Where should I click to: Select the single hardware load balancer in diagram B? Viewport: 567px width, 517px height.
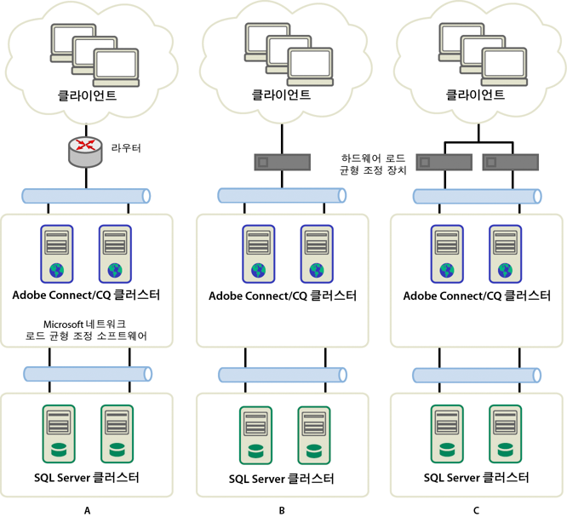(281, 161)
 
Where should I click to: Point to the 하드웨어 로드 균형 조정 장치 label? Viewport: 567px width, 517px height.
(373, 164)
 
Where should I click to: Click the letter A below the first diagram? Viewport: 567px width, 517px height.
(86, 509)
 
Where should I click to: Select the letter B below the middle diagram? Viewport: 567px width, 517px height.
(281, 509)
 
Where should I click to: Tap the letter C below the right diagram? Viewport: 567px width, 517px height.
(475, 509)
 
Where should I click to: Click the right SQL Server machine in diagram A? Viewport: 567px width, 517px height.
(117, 434)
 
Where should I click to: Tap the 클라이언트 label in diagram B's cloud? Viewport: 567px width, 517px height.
(281, 95)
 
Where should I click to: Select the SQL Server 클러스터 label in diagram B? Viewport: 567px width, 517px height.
(281, 478)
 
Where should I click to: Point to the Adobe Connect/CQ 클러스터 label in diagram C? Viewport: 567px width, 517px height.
(476, 296)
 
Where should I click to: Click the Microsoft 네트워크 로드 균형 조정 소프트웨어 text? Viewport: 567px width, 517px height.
(86, 330)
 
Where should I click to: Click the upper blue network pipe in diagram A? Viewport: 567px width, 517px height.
(86, 196)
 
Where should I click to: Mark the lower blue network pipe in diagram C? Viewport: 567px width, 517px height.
(476, 375)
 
